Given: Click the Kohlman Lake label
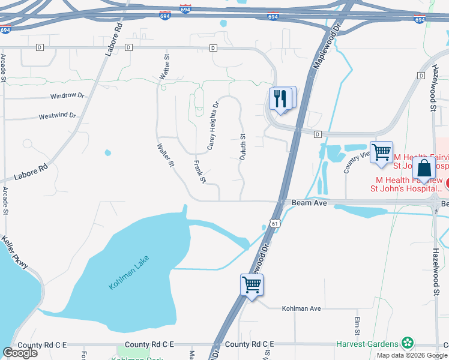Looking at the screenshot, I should pos(128,273).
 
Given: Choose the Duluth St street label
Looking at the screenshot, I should pos(243,146).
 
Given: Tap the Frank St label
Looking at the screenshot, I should pos(200,172).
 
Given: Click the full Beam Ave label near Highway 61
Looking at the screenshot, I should pos(309,203).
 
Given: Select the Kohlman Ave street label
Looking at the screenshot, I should pos(302,308).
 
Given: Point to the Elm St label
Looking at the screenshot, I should pos(357,325).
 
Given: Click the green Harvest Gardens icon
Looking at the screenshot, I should pos(408,343).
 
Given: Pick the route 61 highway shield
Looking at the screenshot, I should pos(275,223).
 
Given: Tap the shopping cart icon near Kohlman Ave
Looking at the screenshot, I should pos(252,285).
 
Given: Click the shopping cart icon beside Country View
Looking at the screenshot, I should pos(381,152).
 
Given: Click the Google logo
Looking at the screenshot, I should pos(20,353).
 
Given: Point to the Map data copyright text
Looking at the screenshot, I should pos(412,355).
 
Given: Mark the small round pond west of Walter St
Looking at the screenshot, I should pos(108,152).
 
